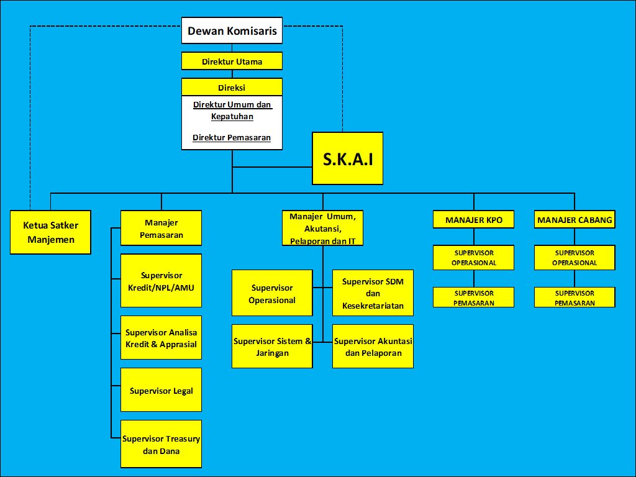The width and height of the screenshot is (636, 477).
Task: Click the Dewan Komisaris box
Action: click(x=232, y=30)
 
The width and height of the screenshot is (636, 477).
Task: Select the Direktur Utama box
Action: click(x=232, y=61)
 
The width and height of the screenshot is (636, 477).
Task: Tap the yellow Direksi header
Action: click(x=232, y=88)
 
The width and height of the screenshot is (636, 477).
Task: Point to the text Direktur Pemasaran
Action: click(x=232, y=137)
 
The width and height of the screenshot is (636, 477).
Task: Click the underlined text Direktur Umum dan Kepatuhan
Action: click(x=232, y=111)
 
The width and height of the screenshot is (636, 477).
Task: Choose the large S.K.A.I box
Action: click(x=347, y=158)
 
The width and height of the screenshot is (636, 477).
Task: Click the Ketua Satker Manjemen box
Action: click(x=50, y=232)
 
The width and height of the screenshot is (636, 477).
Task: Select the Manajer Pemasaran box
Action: click(x=161, y=229)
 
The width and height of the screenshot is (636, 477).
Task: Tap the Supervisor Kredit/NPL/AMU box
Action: click(x=161, y=281)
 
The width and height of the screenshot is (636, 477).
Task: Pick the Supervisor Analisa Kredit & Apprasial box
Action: click(x=161, y=338)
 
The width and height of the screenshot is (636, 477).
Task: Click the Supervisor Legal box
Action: click(x=161, y=390)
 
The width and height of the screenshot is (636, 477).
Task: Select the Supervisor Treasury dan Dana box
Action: click(x=161, y=445)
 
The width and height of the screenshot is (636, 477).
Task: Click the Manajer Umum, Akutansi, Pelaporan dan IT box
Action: click(x=322, y=228)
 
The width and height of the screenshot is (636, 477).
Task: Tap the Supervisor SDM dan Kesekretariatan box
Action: click(x=373, y=293)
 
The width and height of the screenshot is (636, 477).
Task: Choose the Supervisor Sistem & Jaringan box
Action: click(x=272, y=347)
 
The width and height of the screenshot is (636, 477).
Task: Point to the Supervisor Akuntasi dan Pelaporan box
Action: click(x=373, y=347)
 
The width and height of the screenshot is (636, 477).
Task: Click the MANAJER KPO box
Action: click(x=473, y=220)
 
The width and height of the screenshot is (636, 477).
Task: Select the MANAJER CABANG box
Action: click(x=575, y=220)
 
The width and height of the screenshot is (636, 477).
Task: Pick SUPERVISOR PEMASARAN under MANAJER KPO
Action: click(x=473, y=298)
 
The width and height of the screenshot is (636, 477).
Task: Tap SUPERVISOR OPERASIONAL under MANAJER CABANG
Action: click(x=575, y=258)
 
